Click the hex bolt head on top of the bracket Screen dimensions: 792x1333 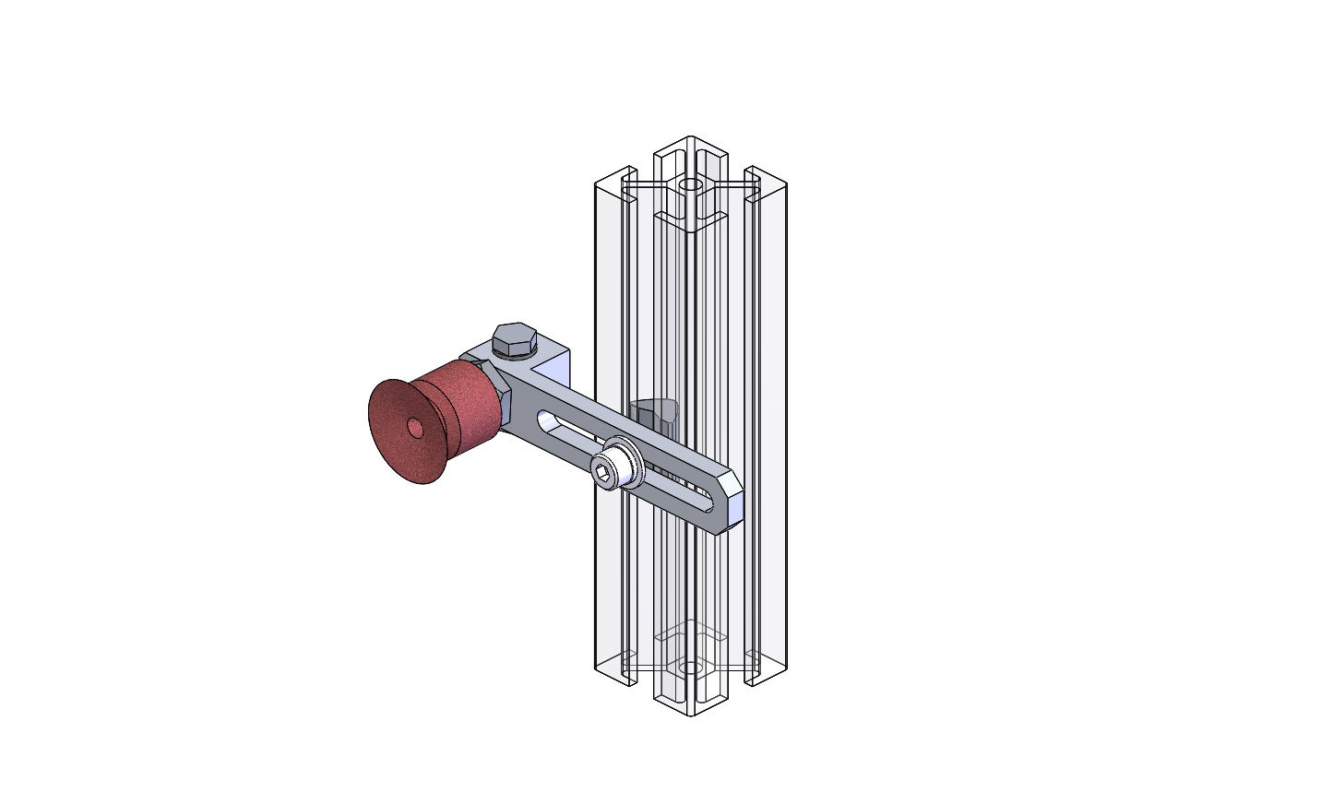point(514,338)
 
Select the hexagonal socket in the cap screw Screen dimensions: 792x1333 point(601,474)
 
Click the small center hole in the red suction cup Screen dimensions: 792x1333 point(415,428)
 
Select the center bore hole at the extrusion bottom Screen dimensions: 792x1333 point(689,667)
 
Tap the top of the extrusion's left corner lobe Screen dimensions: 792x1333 point(614,175)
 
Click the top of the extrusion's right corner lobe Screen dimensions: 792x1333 point(766,176)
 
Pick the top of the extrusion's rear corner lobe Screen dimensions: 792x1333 point(690,145)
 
